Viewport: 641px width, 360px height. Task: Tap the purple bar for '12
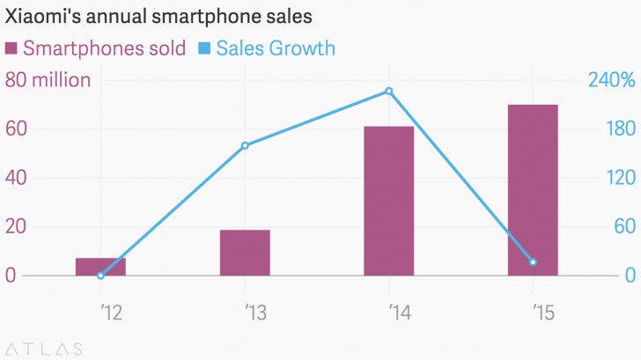tap(100, 266)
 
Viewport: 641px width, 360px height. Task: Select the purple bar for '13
tap(245, 253)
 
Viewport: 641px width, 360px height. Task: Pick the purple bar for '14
tap(388, 201)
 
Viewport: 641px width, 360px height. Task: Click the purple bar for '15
tap(533, 190)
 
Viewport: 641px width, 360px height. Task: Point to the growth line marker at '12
tap(100, 276)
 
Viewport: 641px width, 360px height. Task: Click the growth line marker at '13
tap(245, 145)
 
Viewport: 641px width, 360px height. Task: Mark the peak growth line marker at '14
tap(388, 91)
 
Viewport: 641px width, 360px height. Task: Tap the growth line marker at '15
tap(533, 262)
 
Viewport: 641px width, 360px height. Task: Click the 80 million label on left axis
tap(48, 81)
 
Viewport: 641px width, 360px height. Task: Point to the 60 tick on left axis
tap(18, 129)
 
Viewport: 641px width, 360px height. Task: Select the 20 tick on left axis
tap(18, 227)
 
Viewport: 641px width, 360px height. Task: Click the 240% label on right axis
tap(611, 81)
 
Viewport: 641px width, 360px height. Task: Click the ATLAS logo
tap(43, 347)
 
